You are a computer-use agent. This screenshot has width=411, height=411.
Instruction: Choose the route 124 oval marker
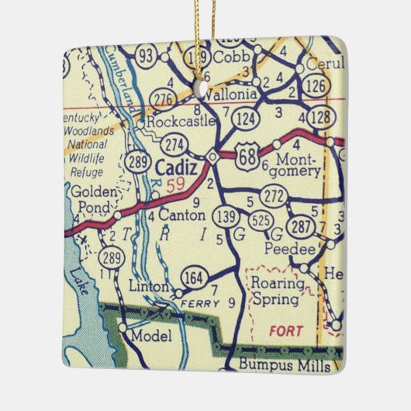[x=247, y=119]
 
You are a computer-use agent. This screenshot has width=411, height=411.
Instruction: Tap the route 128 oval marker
[x=319, y=118]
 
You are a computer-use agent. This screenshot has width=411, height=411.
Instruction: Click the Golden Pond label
[x=92, y=197]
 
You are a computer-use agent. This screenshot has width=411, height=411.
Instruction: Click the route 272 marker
[x=273, y=197]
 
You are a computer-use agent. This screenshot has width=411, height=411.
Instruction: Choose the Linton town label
[x=149, y=287]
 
